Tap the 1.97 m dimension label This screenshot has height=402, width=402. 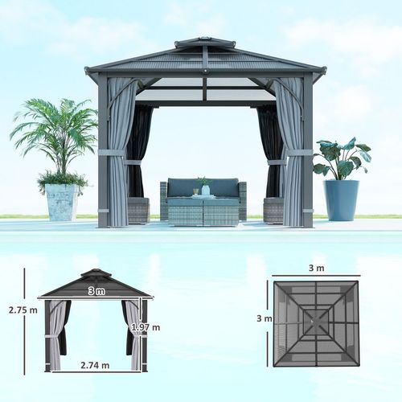146,327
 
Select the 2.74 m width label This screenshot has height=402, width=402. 94,365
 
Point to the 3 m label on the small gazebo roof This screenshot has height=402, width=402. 96,290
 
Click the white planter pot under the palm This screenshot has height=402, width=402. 62,202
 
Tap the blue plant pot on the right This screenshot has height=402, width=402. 341,200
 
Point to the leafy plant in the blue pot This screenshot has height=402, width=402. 341,158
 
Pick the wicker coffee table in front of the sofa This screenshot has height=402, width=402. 203,211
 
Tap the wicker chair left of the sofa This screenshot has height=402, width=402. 138,210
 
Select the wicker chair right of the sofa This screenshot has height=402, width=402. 273,210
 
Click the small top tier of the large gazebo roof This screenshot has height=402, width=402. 205,42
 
